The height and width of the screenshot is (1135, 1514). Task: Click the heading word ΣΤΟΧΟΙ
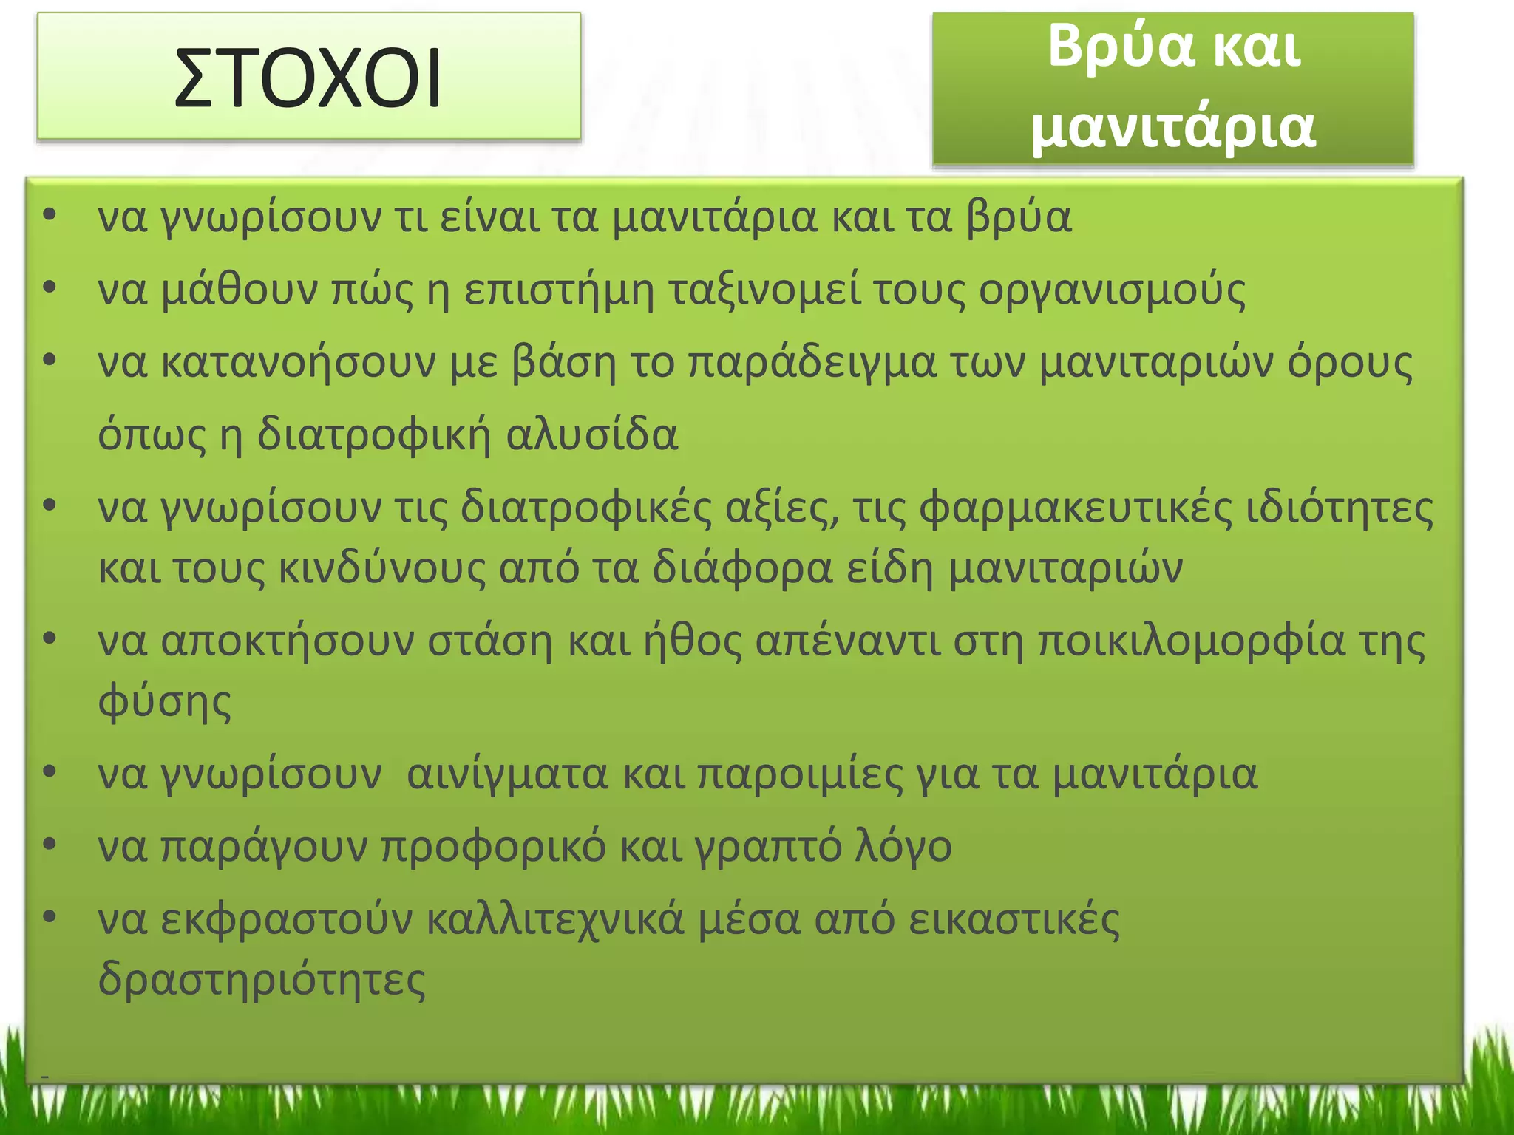(308, 78)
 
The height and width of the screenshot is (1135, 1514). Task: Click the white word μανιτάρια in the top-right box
(1173, 127)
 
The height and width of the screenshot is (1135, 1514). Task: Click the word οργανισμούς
(1112, 290)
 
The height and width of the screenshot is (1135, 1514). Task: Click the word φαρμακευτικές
(1076, 508)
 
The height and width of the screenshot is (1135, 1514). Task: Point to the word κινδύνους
(381, 568)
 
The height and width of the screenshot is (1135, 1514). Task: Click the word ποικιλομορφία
(1191, 641)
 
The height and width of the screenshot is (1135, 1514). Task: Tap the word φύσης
(164, 701)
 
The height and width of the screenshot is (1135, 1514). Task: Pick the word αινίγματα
(507, 774)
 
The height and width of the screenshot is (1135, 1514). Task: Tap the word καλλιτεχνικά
(555, 919)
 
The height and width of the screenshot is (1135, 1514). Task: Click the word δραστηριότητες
(262, 979)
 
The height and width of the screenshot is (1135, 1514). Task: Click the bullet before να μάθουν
(50, 289)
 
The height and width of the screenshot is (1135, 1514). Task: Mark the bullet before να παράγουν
(50, 845)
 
